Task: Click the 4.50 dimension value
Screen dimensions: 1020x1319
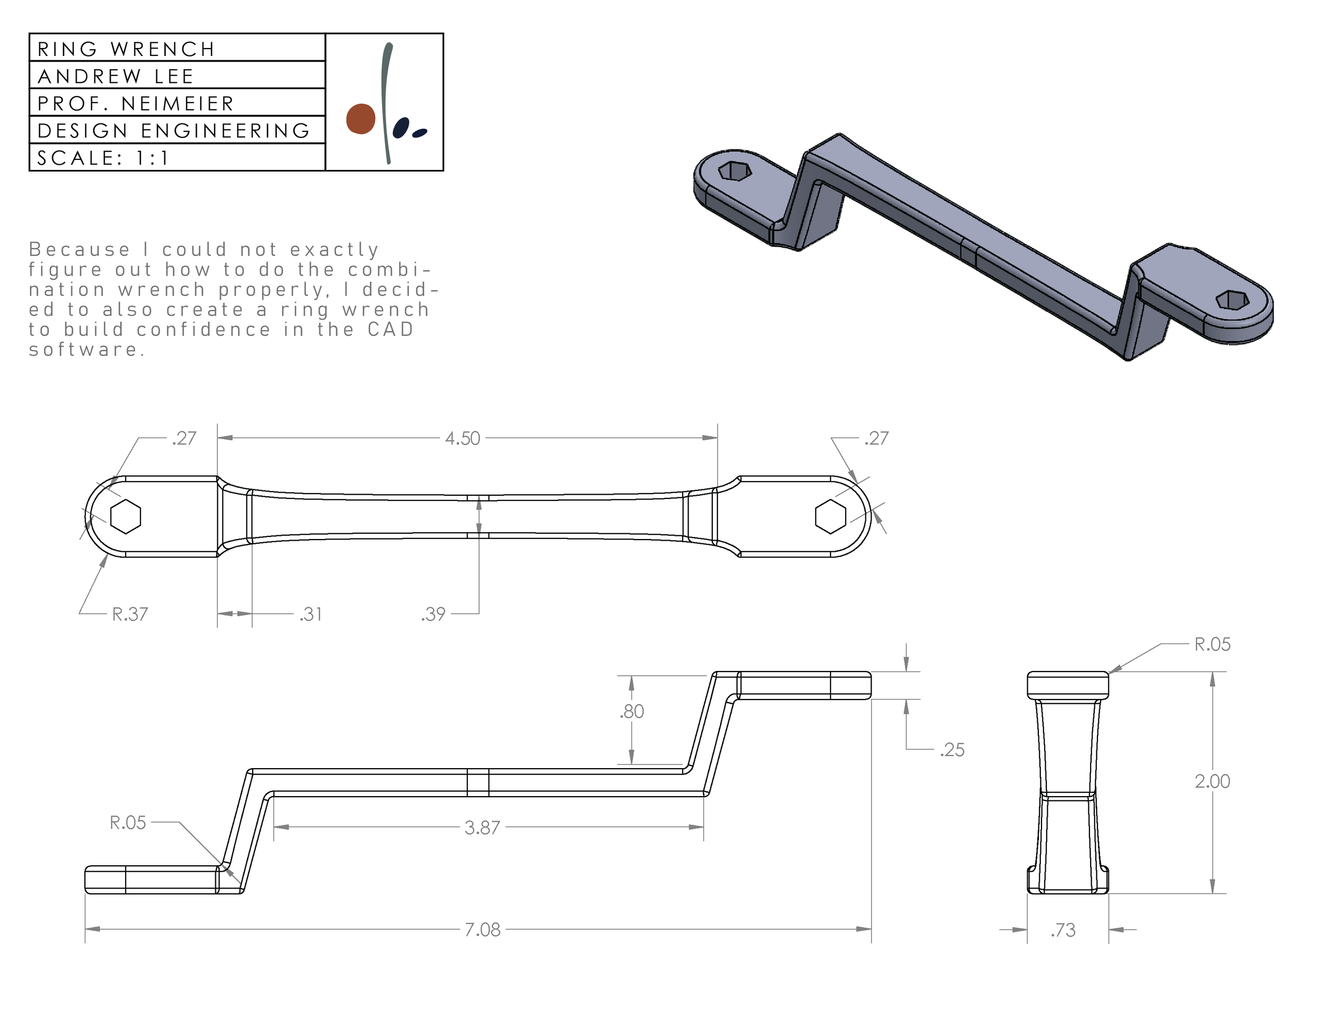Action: pyautogui.click(x=463, y=438)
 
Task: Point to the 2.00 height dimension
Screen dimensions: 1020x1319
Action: pyautogui.click(x=1212, y=781)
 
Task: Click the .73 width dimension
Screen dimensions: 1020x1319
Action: pyautogui.click(x=1063, y=930)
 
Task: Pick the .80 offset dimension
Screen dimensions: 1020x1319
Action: pyautogui.click(x=632, y=711)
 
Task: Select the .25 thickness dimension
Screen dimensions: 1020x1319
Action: pyautogui.click(x=952, y=750)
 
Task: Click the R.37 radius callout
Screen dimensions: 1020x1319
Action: pyautogui.click(x=130, y=614)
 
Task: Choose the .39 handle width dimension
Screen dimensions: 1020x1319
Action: pyautogui.click(x=434, y=614)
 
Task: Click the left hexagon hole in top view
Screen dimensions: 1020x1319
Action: pyautogui.click(x=126, y=517)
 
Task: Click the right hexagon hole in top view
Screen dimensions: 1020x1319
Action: pyautogui.click(x=830, y=517)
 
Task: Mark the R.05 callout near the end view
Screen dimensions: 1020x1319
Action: pyautogui.click(x=1212, y=644)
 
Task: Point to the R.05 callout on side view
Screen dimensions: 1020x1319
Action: pyautogui.click(x=128, y=823)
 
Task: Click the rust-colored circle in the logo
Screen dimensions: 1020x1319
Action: pyautogui.click(x=360, y=119)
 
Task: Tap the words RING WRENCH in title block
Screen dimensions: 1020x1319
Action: pyautogui.click(x=126, y=49)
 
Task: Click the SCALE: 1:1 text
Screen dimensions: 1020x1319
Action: pyautogui.click(x=103, y=158)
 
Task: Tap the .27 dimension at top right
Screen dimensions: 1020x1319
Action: pyautogui.click(x=876, y=438)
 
